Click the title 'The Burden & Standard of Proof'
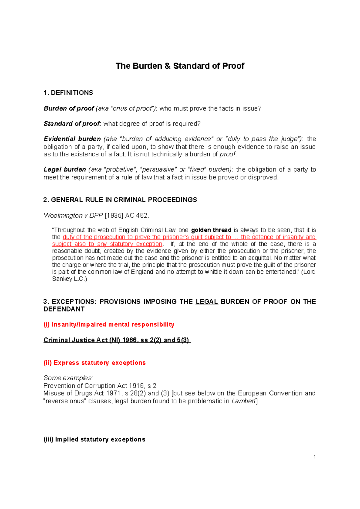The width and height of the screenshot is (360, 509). point(180,66)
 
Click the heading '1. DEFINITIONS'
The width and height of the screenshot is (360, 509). point(68,93)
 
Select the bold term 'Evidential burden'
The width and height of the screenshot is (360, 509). point(72,139)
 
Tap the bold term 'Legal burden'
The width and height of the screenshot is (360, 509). point(64,170)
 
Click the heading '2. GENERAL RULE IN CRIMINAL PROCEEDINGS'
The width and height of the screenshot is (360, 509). point(120,200)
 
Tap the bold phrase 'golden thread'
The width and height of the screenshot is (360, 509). point(211,230)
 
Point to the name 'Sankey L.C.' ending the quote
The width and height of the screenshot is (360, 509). point(69,279)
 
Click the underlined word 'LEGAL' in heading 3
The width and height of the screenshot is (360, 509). point(207,302)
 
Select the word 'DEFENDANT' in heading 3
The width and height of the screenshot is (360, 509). point(64,309)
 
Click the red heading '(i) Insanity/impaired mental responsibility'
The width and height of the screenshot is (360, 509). point(109,324)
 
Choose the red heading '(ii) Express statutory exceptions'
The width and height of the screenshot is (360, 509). point(94,363)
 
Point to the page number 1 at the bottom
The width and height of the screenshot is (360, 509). point(314,457)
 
